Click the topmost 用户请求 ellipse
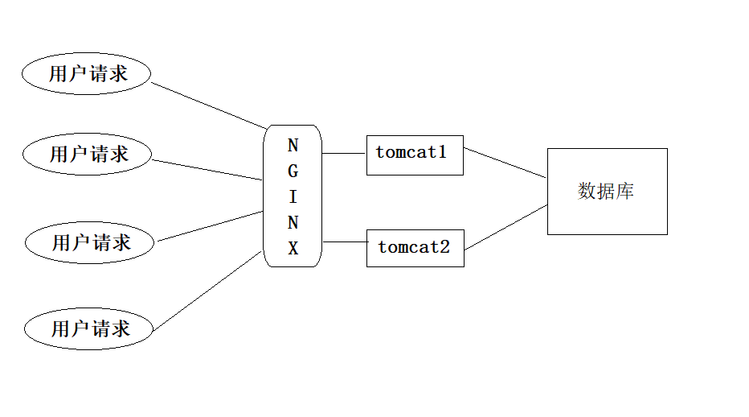(86, 74)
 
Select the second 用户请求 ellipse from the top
(87, 154)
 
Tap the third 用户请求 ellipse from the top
(88, 242)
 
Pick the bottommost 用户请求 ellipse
(88, 328)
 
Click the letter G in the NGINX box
(293, 171)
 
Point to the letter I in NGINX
(293, 197)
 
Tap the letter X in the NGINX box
(293, 249)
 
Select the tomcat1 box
(415, 155)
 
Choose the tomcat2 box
(415, 248)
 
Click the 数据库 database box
(607, 192)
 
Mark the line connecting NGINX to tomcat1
(344, 152)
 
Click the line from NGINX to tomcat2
(344, 241)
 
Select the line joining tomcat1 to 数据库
(505, 162)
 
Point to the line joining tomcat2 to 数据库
(505, 226)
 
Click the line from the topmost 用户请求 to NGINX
(209, 105)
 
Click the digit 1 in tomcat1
(441, 151)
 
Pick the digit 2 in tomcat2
(444, 246)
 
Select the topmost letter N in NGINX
(293, 146)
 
